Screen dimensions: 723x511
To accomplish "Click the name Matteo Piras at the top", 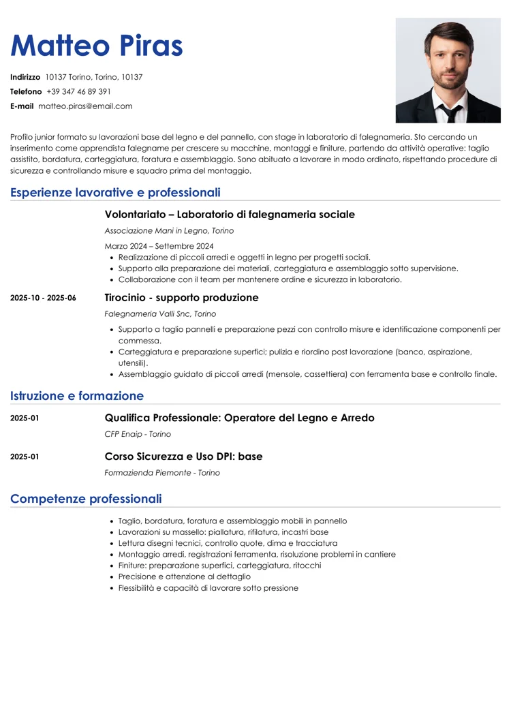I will (97, 46).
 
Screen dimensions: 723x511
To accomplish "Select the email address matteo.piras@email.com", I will (85, 106).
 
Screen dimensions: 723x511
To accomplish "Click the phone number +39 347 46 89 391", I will (78, 91).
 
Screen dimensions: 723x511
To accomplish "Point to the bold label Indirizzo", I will (25, 77).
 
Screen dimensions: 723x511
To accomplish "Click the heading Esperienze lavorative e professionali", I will (115, 193).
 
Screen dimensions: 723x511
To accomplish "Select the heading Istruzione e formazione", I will (77, 396).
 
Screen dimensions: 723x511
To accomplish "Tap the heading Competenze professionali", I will (86, 499).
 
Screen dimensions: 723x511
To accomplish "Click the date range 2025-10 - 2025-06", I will (43, 298).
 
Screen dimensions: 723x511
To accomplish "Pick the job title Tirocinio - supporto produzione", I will (181, 298).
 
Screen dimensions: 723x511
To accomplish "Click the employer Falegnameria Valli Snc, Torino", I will (160, 314).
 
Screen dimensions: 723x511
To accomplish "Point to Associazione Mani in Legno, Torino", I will (169, 231).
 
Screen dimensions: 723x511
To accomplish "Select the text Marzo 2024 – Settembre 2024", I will (159, 246).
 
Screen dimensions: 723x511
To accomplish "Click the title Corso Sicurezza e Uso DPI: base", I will (183, 457).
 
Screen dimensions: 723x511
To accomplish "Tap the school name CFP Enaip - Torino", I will (138, 434).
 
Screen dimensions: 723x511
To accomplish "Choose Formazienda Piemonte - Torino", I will (162, 473).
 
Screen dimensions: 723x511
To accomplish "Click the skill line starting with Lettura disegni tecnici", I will (228, 543).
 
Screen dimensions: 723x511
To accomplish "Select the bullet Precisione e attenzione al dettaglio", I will (184, 576).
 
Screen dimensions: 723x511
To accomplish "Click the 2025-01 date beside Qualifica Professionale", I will (25, 418).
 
